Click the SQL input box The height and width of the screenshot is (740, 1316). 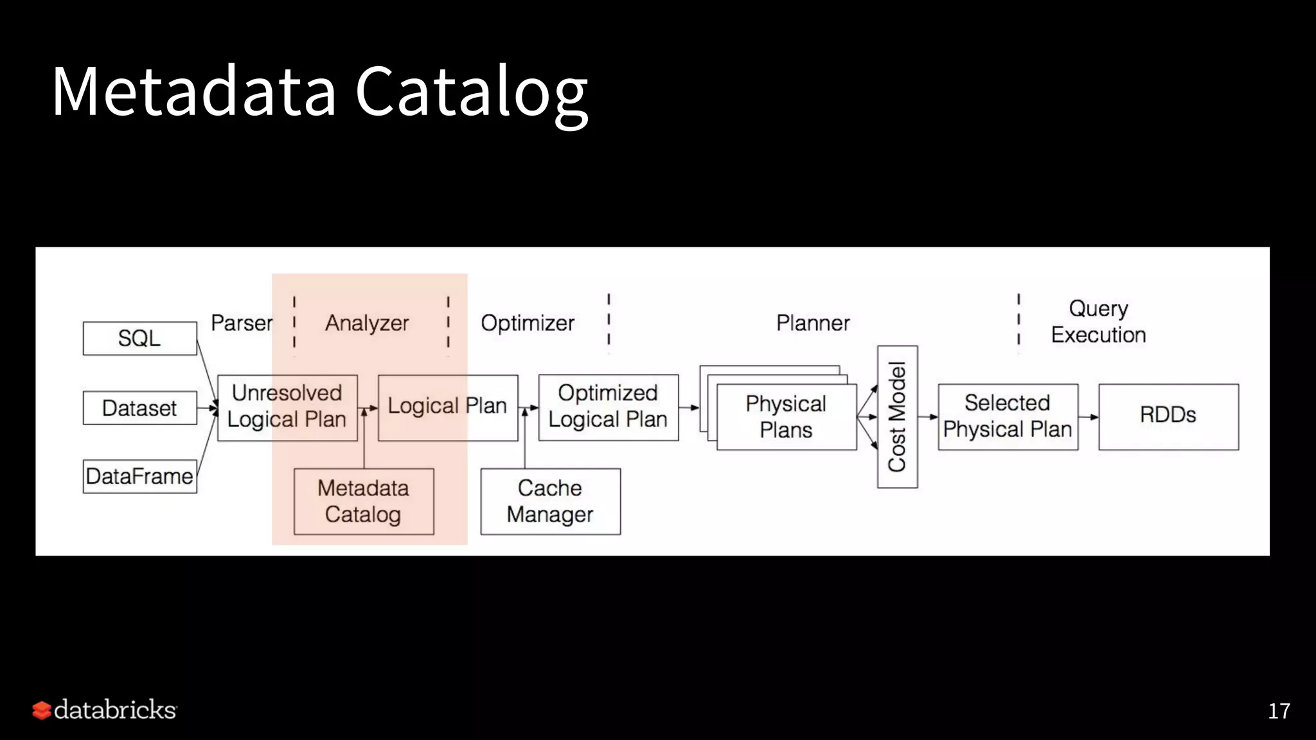click(x=139, y=339)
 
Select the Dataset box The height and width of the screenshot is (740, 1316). click(x=139, y=408)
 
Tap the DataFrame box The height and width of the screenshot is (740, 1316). click(x=139, y=477)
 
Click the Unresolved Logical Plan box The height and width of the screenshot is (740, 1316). click(x=287, y=407)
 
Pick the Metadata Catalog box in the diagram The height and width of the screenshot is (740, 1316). click(x=364, y=501)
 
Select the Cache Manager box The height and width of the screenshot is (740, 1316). click(x=550, y=501)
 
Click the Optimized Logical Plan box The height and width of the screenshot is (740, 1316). click(x=608, y=407)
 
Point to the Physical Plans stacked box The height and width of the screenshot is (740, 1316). click(x=786, y=416)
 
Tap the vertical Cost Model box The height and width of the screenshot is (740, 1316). click(x=897, y=416)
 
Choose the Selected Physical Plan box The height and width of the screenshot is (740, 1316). click(x=1008, y=416)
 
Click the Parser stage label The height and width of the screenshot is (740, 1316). click(x=242, y=323)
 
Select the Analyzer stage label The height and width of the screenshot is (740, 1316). click(x=367, y=323)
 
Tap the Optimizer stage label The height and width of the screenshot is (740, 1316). click(x=528, y=323)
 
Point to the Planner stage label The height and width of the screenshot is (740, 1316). click(x=813, y=323)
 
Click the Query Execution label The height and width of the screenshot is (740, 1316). click(x=1098, y=322)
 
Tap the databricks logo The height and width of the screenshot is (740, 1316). click(x=105, y=710)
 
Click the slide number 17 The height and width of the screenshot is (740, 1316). click(x=1279, y=711)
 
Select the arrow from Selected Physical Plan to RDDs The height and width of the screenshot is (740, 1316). click(x=1089, y=417)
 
